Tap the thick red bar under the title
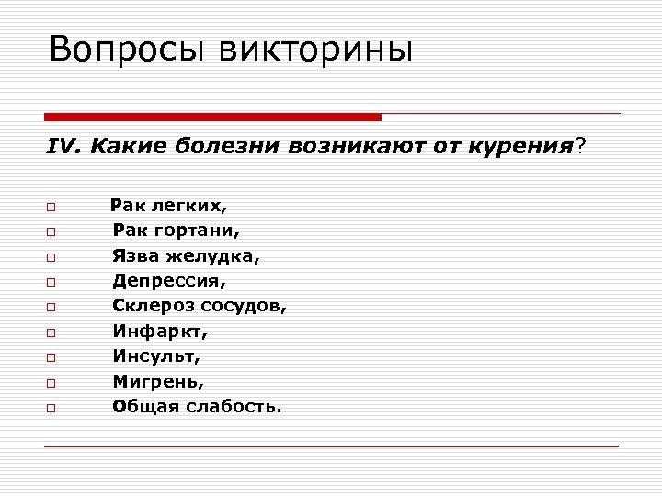pyautogui.click(x=213, y=118)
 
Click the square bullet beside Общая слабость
pyautogui.click(x=51, y=406)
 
